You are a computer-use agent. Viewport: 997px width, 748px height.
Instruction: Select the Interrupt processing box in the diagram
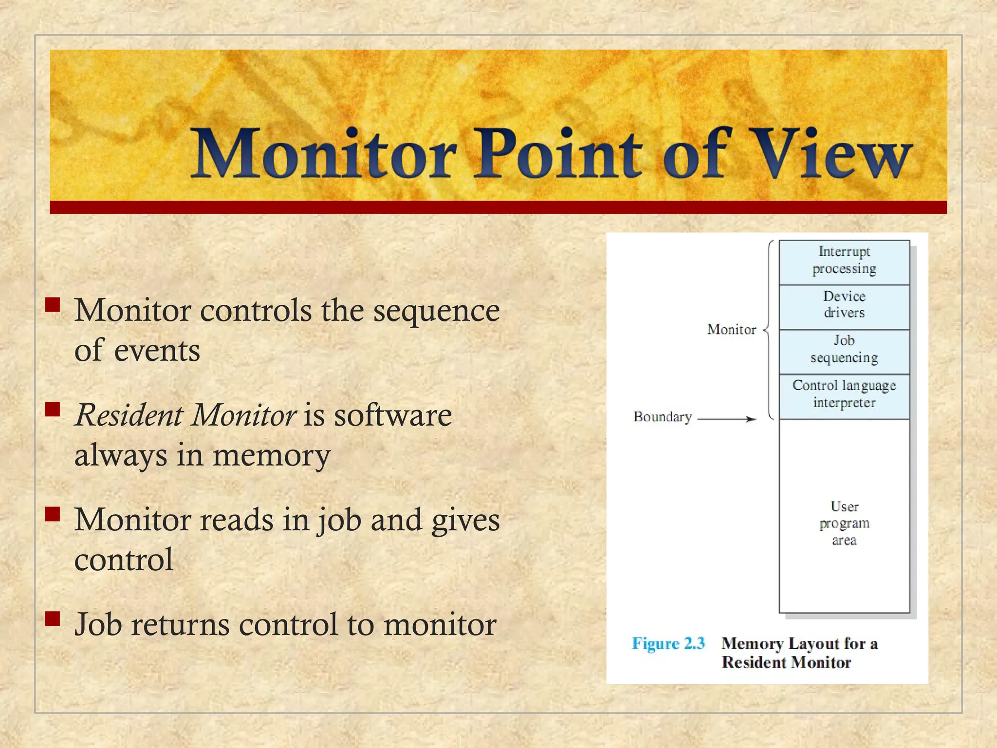(x=844, y=261)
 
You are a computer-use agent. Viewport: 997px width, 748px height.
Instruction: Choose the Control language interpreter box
(x=844, y=395)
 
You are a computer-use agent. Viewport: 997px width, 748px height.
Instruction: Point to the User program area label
(x=844, y=524)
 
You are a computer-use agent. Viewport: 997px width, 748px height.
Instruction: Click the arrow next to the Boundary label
(x=727, y=419)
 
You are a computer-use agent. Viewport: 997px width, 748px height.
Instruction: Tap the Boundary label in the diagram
(x=663, y=417)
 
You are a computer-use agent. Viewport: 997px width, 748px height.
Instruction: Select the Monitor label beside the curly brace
(x=731, y=330)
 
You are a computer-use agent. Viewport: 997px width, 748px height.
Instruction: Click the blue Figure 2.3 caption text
(x=668, y=644)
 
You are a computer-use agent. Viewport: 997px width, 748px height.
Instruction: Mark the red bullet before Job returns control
(x=53, y=618)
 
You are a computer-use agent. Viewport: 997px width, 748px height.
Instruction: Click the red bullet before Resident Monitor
(x=53, y=410)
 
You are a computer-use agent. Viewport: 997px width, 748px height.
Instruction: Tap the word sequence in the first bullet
(x=436, y=312)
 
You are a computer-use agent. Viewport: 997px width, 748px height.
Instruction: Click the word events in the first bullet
(x=157, y=351)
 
